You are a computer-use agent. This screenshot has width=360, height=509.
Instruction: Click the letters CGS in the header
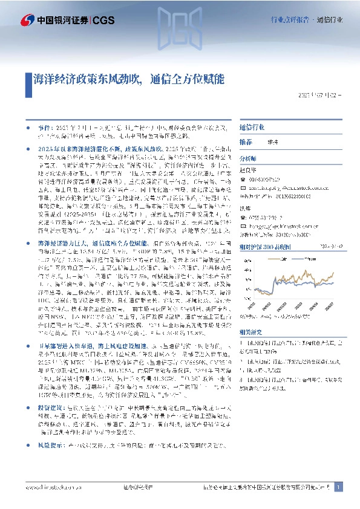point(103,21)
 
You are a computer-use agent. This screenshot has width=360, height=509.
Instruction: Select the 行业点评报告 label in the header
point(289,20)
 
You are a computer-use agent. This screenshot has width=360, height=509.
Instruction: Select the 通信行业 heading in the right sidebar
point(252,128)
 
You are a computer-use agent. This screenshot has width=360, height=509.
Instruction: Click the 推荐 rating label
point(246,141)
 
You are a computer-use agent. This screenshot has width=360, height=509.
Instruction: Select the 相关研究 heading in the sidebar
point(250,332)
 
